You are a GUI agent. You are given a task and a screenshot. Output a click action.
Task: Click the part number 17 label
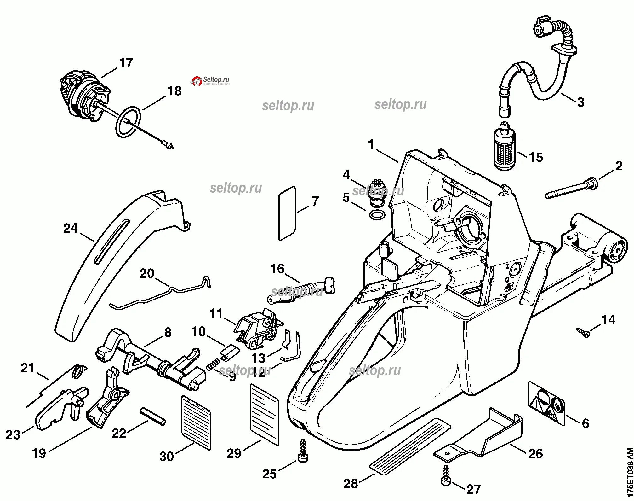pyautogui.click(x=126, y=63)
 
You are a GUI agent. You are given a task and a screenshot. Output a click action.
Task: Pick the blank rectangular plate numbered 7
pyautogui.click(x=287, y=213)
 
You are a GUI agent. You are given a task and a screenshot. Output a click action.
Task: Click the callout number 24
pyautogui.click(x=70, y=228)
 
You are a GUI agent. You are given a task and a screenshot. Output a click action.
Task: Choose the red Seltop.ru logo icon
pyautogui.click(x=197, y=82)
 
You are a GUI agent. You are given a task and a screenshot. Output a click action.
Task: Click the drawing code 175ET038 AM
pyautogui.click(x=629, y=469)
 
